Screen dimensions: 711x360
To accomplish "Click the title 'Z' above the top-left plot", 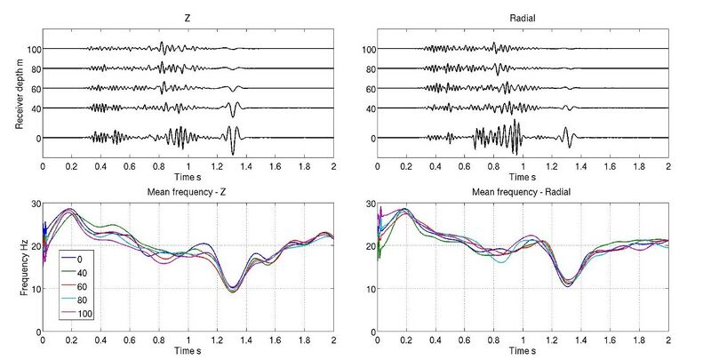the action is (x=188, y=18).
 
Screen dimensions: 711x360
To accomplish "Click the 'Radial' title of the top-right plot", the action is (x=523, y=18).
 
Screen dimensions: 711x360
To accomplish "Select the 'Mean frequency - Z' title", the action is (x=187, y=192).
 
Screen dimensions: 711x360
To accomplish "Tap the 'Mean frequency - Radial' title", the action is (x=522, y=192).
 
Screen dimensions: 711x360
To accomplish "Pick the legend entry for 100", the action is (x=76, y=313).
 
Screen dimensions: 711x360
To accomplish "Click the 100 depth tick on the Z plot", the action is (x=34, y=50).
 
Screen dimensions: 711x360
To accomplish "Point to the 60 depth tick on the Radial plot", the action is (x=371, y=89).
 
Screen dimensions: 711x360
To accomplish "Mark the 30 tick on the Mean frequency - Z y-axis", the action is (x=36, y=204).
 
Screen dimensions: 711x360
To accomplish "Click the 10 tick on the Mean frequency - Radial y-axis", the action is (x=370, y=289).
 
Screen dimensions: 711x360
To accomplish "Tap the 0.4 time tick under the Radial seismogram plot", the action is (x=435, y=167).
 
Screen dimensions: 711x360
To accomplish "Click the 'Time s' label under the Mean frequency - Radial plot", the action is (x=523, y=350).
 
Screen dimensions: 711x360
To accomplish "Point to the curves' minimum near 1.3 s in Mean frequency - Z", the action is (x=233, y=291).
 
